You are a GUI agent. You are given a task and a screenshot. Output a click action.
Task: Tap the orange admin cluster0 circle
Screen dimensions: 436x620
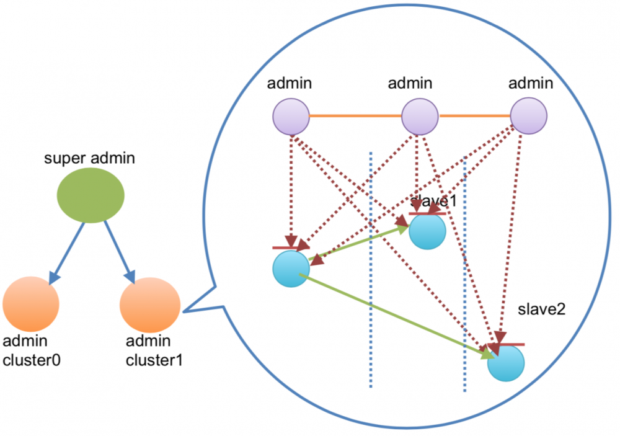point(31,303)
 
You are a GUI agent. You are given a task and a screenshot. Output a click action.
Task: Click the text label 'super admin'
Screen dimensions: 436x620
point(89,158)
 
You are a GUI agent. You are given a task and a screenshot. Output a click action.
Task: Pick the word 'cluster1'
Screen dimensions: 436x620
point(154,359)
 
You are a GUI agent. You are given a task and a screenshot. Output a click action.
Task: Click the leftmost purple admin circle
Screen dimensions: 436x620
point(291,116)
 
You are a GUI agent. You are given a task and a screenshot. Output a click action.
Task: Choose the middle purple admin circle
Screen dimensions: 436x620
point(420,116)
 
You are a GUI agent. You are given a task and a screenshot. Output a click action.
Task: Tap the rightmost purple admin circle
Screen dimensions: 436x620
point(528,116)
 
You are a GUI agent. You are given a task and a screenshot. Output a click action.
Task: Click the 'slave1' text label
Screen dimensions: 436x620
point(434,201)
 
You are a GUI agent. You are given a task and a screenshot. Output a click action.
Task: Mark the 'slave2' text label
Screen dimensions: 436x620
point(542,309)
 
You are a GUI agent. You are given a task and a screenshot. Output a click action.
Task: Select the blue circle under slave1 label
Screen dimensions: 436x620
point(427,231)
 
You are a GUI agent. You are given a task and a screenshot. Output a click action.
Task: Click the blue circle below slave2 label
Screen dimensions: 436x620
point(506,363)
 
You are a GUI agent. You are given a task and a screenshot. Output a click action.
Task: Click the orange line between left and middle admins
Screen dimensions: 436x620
point(355,116)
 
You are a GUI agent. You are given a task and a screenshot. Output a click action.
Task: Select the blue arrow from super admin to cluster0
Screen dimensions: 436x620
point(66,251)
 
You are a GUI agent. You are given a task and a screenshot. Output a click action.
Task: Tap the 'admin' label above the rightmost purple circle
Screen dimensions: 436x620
point(528,82)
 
